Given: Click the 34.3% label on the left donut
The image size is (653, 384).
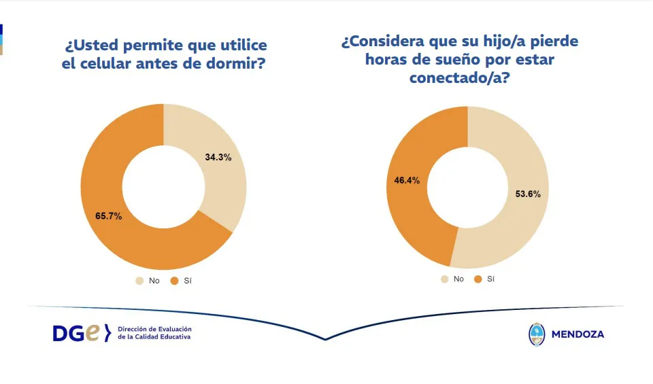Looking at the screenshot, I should (x=218, y=157).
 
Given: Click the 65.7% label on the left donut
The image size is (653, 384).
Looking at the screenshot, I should (x=108, y=216).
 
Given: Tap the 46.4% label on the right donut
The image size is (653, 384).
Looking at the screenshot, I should (x=407, y=181).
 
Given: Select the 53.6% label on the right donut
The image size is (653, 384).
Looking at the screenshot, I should (x=527, y=194).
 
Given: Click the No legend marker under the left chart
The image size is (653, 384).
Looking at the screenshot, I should (x=139, y=280).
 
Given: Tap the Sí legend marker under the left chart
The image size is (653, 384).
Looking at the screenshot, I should (x=173, y=280).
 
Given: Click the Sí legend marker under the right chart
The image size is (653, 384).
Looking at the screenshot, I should (x=478, y=279).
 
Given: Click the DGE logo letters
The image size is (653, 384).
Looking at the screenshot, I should (x=76, y=333).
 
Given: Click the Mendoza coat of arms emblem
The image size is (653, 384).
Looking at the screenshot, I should (x=537, y=334).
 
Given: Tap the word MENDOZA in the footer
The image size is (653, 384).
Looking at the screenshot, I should (x=577, y=334).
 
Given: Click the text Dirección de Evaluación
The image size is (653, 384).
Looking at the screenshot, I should (x=154, y=328).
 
